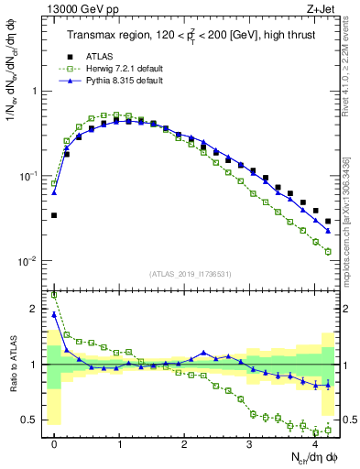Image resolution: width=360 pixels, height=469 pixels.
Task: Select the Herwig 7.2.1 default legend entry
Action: (111, 69)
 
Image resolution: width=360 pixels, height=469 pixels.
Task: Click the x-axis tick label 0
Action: (55, 442)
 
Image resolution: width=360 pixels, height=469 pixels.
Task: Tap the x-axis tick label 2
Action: (185, 442)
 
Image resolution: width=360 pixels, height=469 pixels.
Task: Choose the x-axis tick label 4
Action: (314, 442)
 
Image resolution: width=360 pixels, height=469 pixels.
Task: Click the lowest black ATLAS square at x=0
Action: (54, 215)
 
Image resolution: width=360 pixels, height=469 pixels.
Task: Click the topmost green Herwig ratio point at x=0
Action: (54, 295)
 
